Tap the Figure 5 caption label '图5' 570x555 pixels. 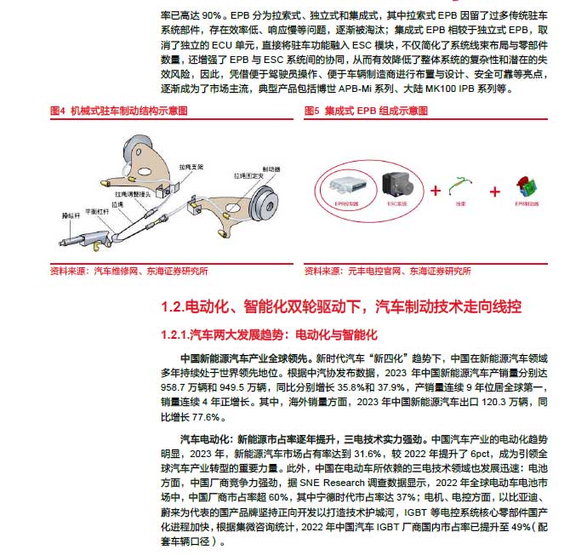[312, 111]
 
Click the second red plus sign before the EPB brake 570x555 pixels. [495, 190]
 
